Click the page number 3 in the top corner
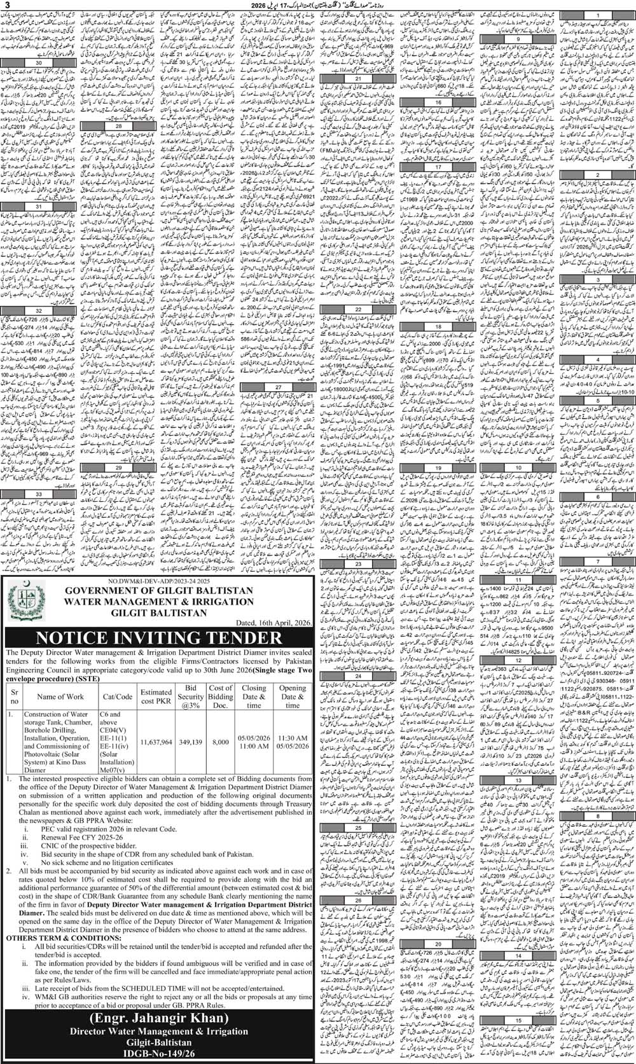[5, 6]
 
